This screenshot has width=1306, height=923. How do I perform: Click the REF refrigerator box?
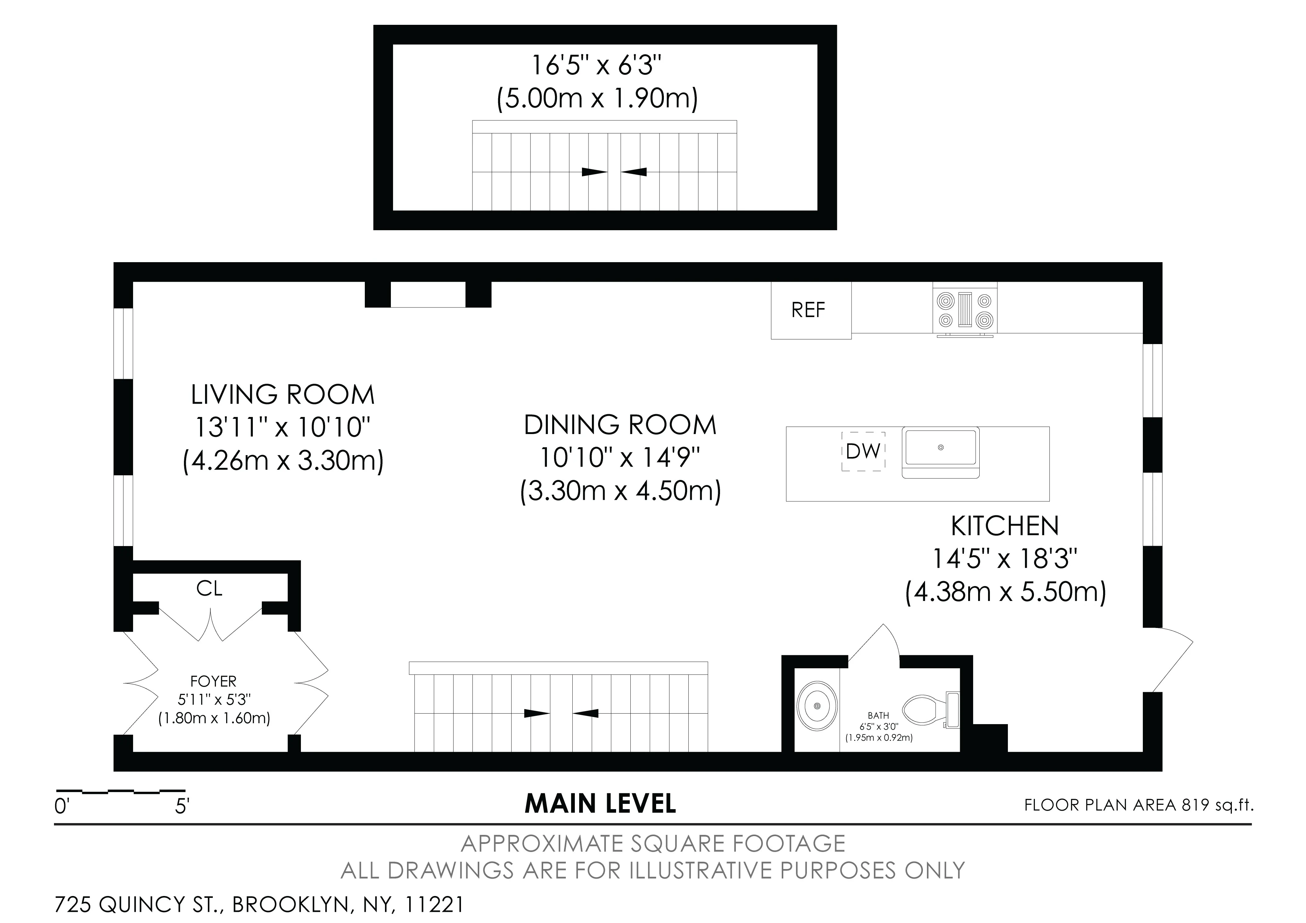(x=811, y=310)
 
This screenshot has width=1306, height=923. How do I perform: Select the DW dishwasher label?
(x=863, y=451)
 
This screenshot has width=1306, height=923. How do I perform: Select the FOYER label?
(x=213, y=681)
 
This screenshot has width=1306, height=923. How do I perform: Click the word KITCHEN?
(x=1004, y=526)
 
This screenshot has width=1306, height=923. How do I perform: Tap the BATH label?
(x=878, y=715)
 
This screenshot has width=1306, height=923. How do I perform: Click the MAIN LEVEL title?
(x=600, y=804)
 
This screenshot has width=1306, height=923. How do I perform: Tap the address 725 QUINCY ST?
(x=136, y=904)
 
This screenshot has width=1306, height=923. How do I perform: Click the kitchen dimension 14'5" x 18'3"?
(x=1004, y=559)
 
